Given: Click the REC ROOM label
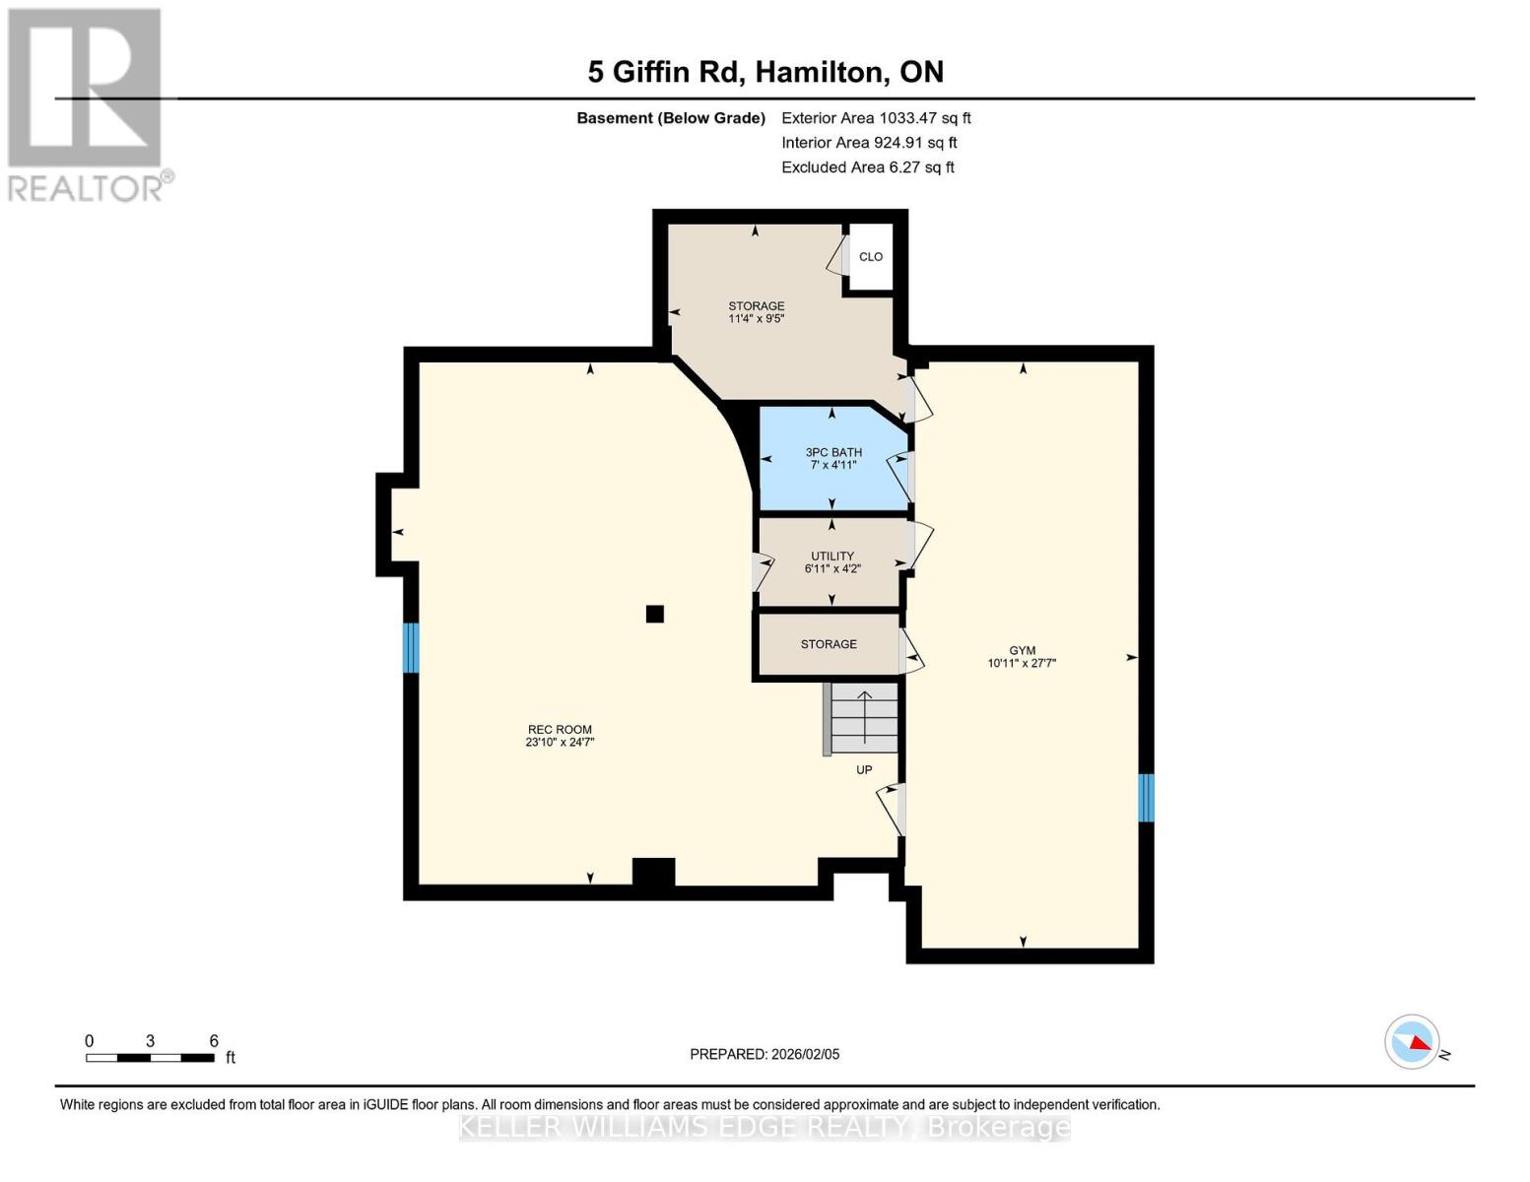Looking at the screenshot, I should [x=560, y=736].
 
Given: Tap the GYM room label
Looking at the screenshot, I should [x=1022, y=656].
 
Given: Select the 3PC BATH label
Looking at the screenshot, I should [x=833, y=458].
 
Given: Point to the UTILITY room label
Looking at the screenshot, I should [x=832, y=561].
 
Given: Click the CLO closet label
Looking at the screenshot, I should [x=871, y=257].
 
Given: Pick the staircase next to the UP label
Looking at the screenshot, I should [x=864, y=717].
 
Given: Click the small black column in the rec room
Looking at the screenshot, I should [x=654, y=614].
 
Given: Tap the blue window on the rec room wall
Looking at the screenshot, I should [x=411, y=647].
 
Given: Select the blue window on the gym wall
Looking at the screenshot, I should [x=1146, y=798].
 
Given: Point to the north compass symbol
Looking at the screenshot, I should [x=1413, y=1041].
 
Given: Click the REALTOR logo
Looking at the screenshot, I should [x=87, y=104].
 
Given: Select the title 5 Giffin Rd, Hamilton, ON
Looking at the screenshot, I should [x=765, y=72].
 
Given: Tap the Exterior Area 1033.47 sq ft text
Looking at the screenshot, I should [x=876, y=118].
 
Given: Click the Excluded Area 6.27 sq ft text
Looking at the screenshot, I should [x=867, y=167].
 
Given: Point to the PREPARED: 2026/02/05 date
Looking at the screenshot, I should [x=765, y=1054].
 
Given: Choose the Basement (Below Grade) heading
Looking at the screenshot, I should [x=670, y=118].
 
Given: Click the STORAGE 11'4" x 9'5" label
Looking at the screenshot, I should [x=757, y=312].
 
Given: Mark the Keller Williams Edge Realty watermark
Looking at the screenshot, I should [x=765, y=1127].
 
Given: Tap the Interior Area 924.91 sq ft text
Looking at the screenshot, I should [x=869, y=143].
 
